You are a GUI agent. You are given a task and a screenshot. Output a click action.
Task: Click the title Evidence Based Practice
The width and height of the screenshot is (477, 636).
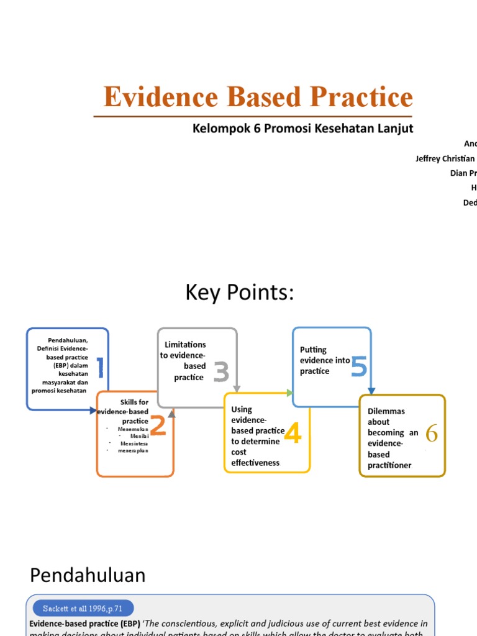click(258, 97)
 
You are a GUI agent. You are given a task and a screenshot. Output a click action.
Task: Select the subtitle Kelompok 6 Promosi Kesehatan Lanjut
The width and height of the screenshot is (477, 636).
click(302, 129)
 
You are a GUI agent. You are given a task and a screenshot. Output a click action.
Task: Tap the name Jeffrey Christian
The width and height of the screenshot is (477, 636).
click(445, 158)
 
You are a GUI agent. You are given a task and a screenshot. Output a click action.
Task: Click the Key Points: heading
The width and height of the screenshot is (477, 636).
click(239, 293)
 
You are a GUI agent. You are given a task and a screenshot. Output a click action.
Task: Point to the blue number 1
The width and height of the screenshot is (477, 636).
click(99, 368)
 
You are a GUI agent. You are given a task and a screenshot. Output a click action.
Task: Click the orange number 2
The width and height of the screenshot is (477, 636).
click(157, 426)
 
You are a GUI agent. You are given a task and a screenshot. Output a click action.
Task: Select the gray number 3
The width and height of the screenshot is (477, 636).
click(221, 373)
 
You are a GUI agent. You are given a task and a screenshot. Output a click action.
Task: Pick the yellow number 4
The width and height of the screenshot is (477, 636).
click(292, 432)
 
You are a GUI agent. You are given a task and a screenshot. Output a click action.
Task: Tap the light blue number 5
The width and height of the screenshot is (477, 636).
click(358, 366)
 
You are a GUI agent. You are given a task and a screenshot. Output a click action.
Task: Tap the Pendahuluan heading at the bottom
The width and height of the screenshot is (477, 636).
click(88, 575)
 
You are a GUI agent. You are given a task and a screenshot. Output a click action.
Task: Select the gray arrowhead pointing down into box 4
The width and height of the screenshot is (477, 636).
click(237, 389)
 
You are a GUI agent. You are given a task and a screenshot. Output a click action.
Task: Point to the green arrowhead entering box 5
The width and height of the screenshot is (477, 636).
click(289, 393)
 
